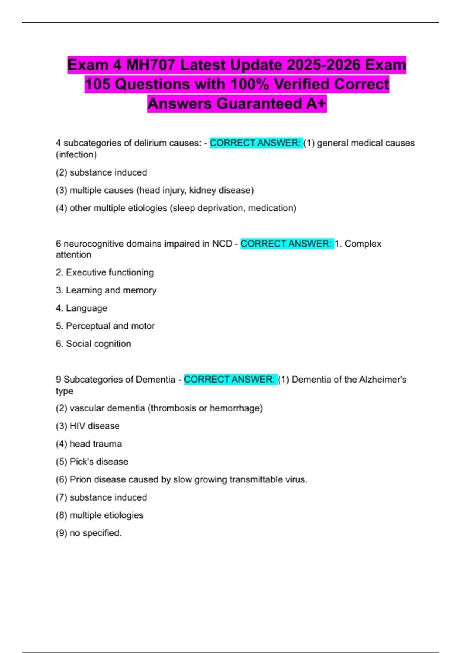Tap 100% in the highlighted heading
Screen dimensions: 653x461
(247, 85)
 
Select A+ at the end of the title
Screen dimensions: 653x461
(316, 104)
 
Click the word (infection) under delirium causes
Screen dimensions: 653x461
(76, 154)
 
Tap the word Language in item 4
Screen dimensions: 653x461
(86, 308)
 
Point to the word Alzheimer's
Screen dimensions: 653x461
(383, 380)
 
